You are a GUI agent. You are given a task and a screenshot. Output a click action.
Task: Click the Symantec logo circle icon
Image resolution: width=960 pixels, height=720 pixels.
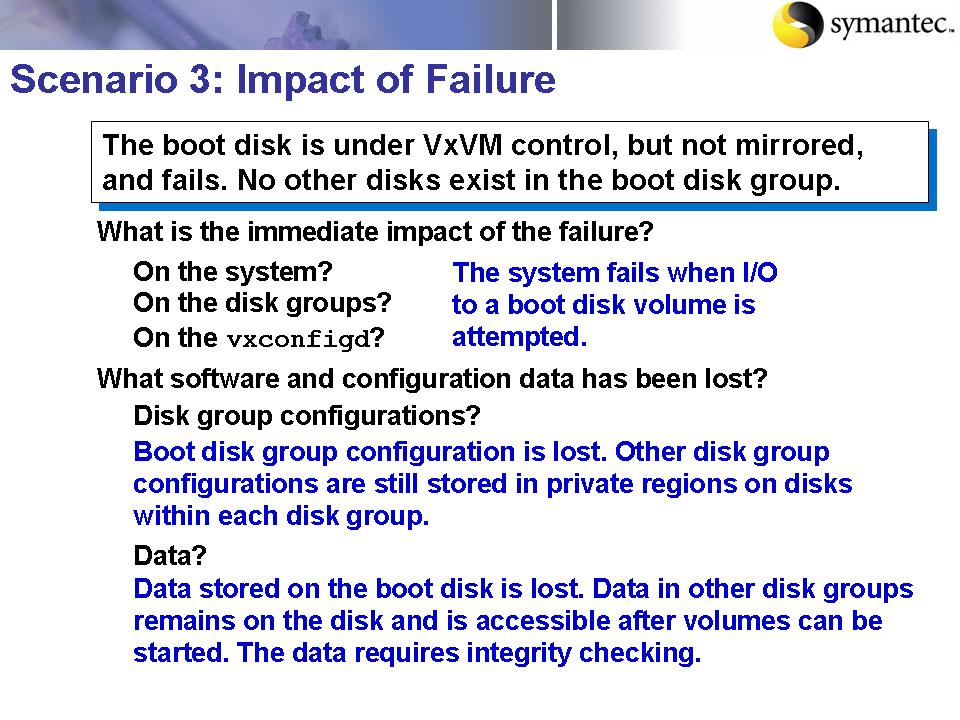point(798,24)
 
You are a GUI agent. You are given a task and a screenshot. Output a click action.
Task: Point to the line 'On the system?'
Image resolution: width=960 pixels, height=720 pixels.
point(232,272)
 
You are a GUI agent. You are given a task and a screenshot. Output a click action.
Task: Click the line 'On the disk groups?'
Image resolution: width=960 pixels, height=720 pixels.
point(262,302)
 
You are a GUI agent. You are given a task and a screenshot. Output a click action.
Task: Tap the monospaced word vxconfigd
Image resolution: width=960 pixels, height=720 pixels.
point(298,339)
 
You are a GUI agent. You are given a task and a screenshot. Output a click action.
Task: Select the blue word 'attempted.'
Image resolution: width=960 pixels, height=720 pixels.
point(519,337)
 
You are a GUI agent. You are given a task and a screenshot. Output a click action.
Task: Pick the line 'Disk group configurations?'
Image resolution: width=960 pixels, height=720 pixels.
point(307,414)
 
